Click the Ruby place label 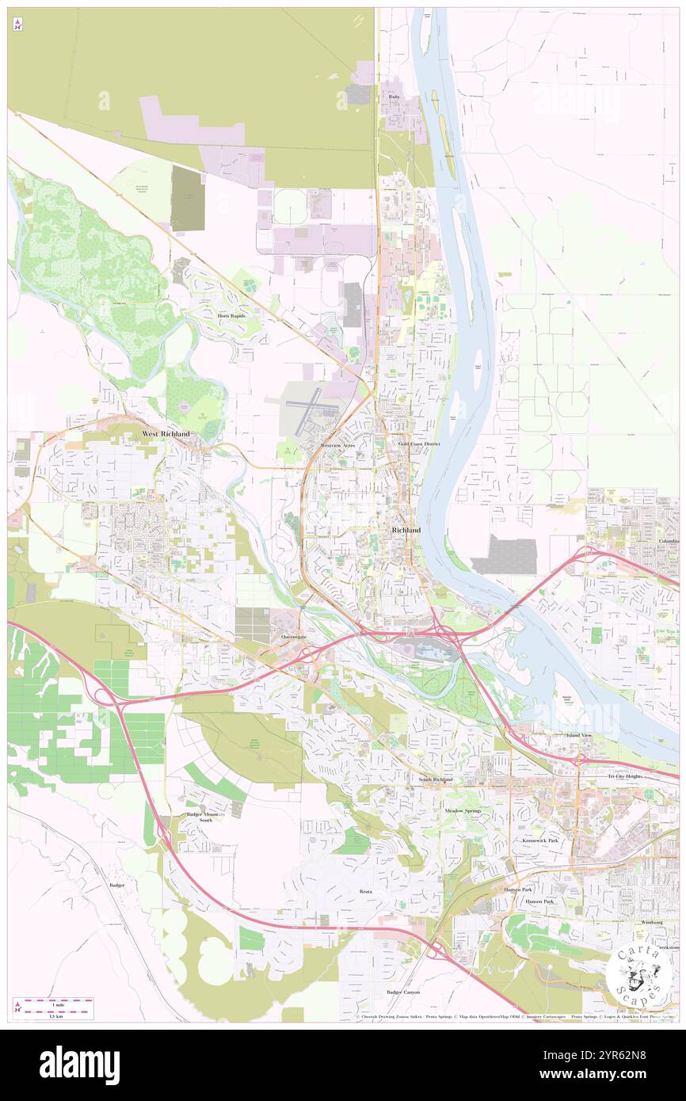(x=394, y=97)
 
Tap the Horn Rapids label (x=231, y=315)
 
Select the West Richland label (x=166, y=434)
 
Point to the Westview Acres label (x=337, y=446)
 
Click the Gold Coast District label (x=418, y=444)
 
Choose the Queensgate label (x=293, y=637)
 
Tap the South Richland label (x=436, y=779)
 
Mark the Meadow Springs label (x=463, y=811)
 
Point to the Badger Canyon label (x=403, y=992)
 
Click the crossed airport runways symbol (x=314, y=406)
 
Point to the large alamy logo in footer (x=79, y=1065)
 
